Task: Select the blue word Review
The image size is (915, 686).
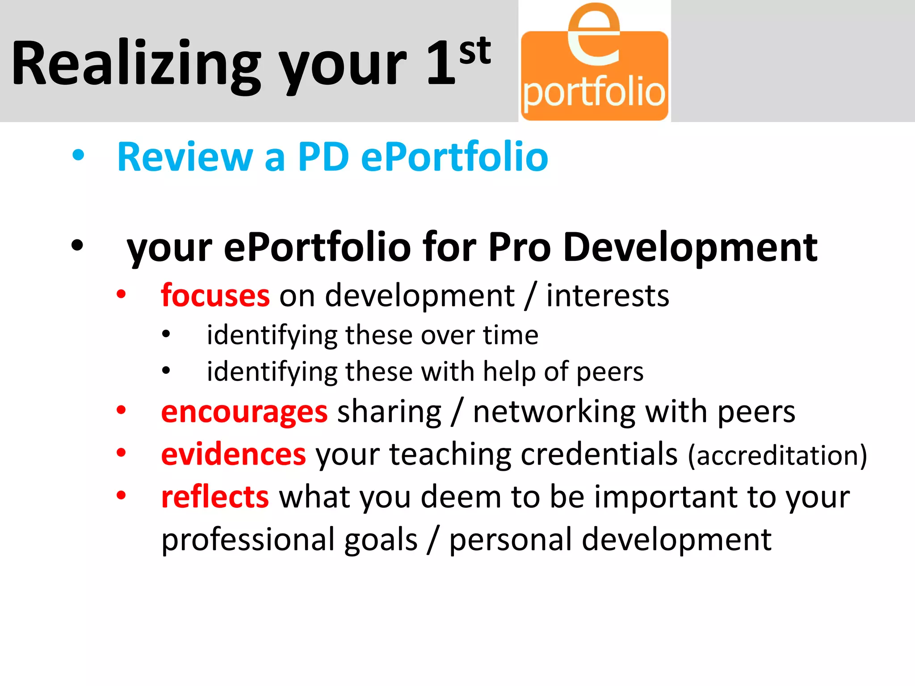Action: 185,157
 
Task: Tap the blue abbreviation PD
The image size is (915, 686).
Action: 323,157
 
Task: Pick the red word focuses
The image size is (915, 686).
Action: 215,296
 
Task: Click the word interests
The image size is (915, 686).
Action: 608,296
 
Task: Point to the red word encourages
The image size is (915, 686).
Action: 244,412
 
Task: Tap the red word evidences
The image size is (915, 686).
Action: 233,454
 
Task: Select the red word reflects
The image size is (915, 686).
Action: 215,497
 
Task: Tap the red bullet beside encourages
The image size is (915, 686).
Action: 121,410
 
